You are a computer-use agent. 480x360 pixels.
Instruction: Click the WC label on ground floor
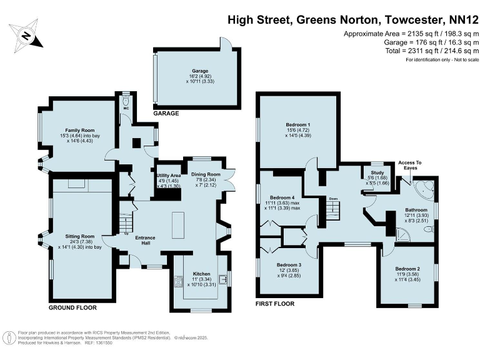click(125, 107)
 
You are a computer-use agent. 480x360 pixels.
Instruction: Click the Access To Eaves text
click(410, 166)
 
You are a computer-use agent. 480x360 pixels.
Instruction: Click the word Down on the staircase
click(334, 199)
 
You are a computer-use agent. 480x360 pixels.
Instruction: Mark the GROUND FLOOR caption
click(72, 308)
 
